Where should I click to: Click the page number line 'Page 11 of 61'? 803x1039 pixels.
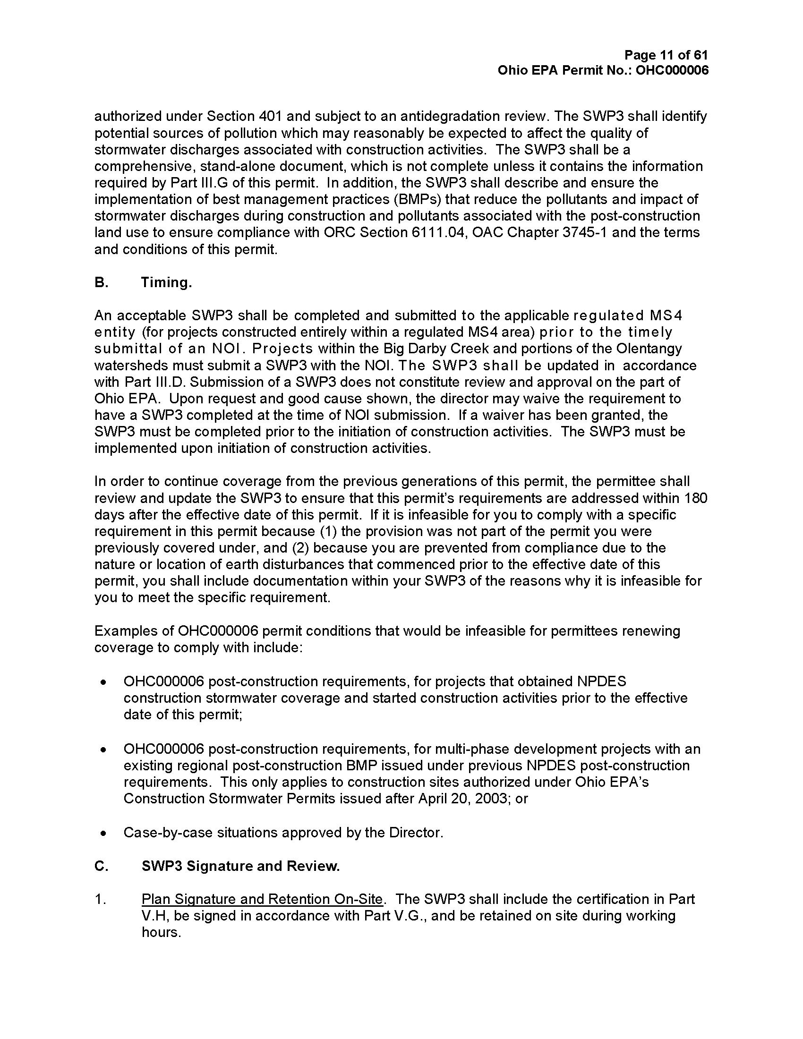coord(666,55)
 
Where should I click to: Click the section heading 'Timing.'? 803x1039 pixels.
coord(166,282)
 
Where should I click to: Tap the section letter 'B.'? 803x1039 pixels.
coord(102,282)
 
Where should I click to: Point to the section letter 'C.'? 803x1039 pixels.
coord(102,866)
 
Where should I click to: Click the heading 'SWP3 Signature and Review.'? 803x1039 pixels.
coord(241,866)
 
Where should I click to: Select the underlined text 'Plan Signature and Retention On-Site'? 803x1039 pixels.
coord(262,899)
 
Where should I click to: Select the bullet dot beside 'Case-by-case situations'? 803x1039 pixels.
coord(103,833)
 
